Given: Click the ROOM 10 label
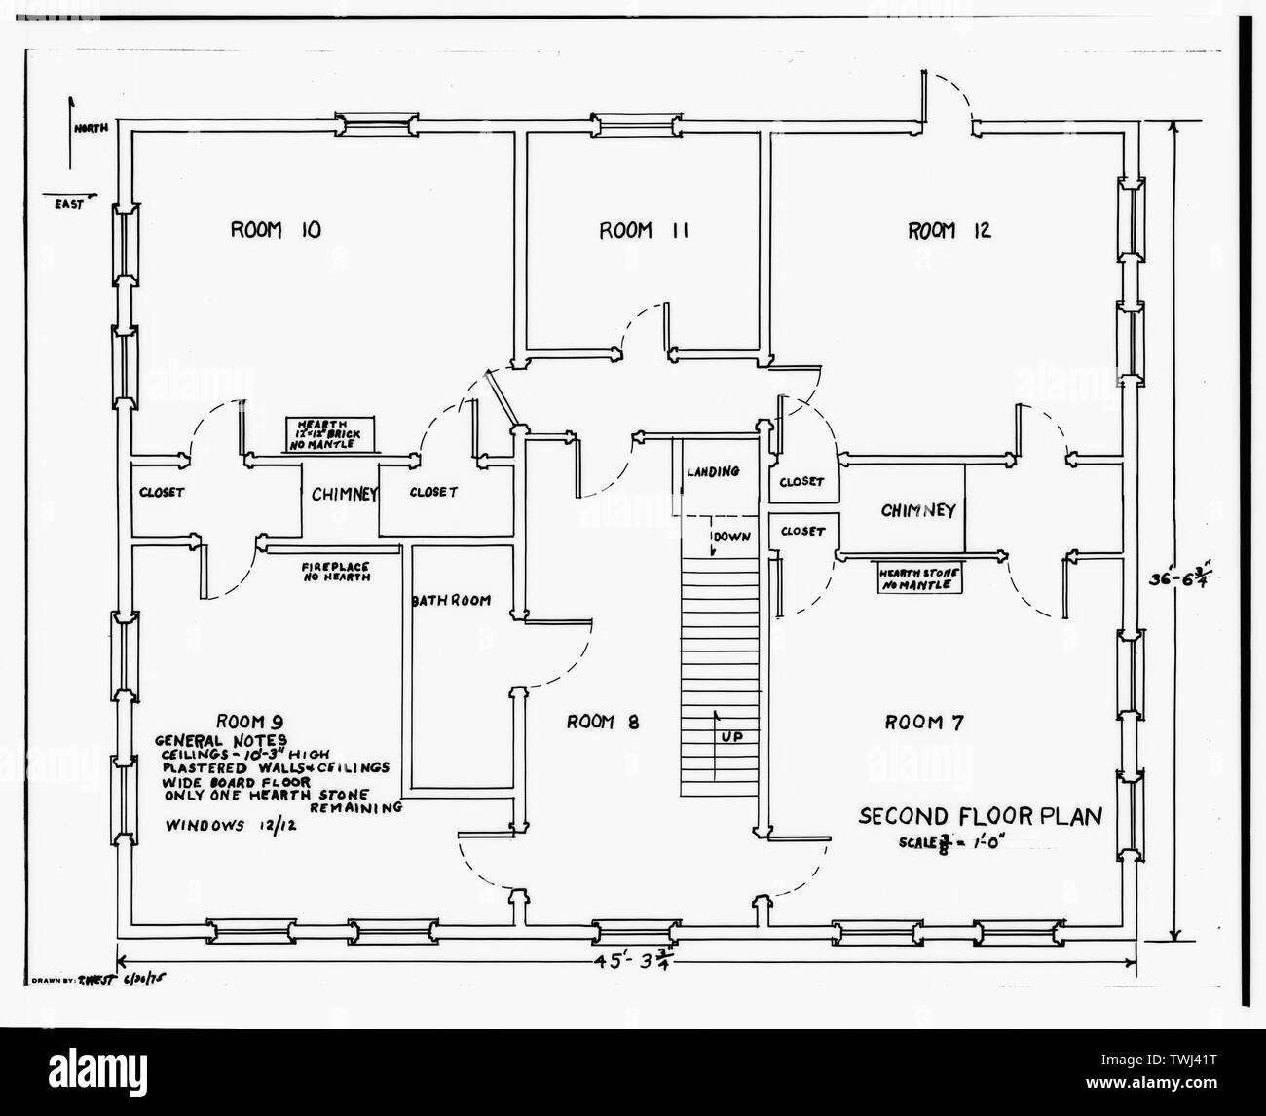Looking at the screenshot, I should (x=276, y=230).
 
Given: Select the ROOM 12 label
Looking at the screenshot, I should (x=949, y=230).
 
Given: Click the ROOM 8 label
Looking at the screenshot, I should (x=608, y=722).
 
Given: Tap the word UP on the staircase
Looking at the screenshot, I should (x=732, y=737).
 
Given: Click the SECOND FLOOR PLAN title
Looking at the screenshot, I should (x=980, y=816).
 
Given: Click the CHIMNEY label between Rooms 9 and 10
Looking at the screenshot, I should (x=343, y=494).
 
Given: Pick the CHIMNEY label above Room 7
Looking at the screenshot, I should (x=917, y=510).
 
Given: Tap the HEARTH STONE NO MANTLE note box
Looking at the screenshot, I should (x=919, y=579).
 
